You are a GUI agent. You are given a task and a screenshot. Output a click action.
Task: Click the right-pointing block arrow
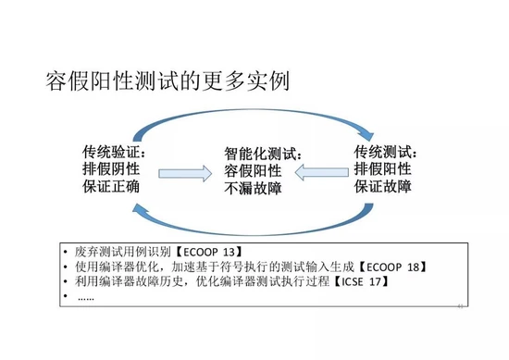(x=185, y=172)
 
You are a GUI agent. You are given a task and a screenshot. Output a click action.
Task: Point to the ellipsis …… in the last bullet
(x=85, y=297)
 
